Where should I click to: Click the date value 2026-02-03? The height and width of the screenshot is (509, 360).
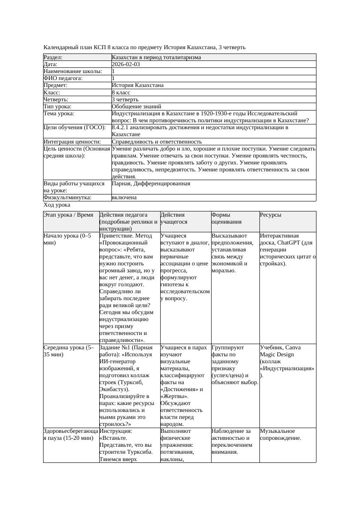point(126,64)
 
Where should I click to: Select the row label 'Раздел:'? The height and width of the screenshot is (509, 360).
point(53,57)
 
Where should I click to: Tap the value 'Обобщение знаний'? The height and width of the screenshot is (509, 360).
point(136,106)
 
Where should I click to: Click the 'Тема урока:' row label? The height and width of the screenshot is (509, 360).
point(59,114)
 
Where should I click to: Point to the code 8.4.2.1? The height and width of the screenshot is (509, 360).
point(122,127)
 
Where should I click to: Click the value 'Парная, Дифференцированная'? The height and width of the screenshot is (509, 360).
point(151,184)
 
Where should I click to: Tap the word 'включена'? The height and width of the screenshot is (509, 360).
point(124,198)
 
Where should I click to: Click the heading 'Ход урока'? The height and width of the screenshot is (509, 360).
point(57,204)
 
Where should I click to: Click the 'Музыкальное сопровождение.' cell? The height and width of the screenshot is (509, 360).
point(280,434)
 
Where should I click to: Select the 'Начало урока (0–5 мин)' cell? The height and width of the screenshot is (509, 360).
point(67,239)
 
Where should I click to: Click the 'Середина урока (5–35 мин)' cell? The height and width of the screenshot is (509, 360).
point(69,351)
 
